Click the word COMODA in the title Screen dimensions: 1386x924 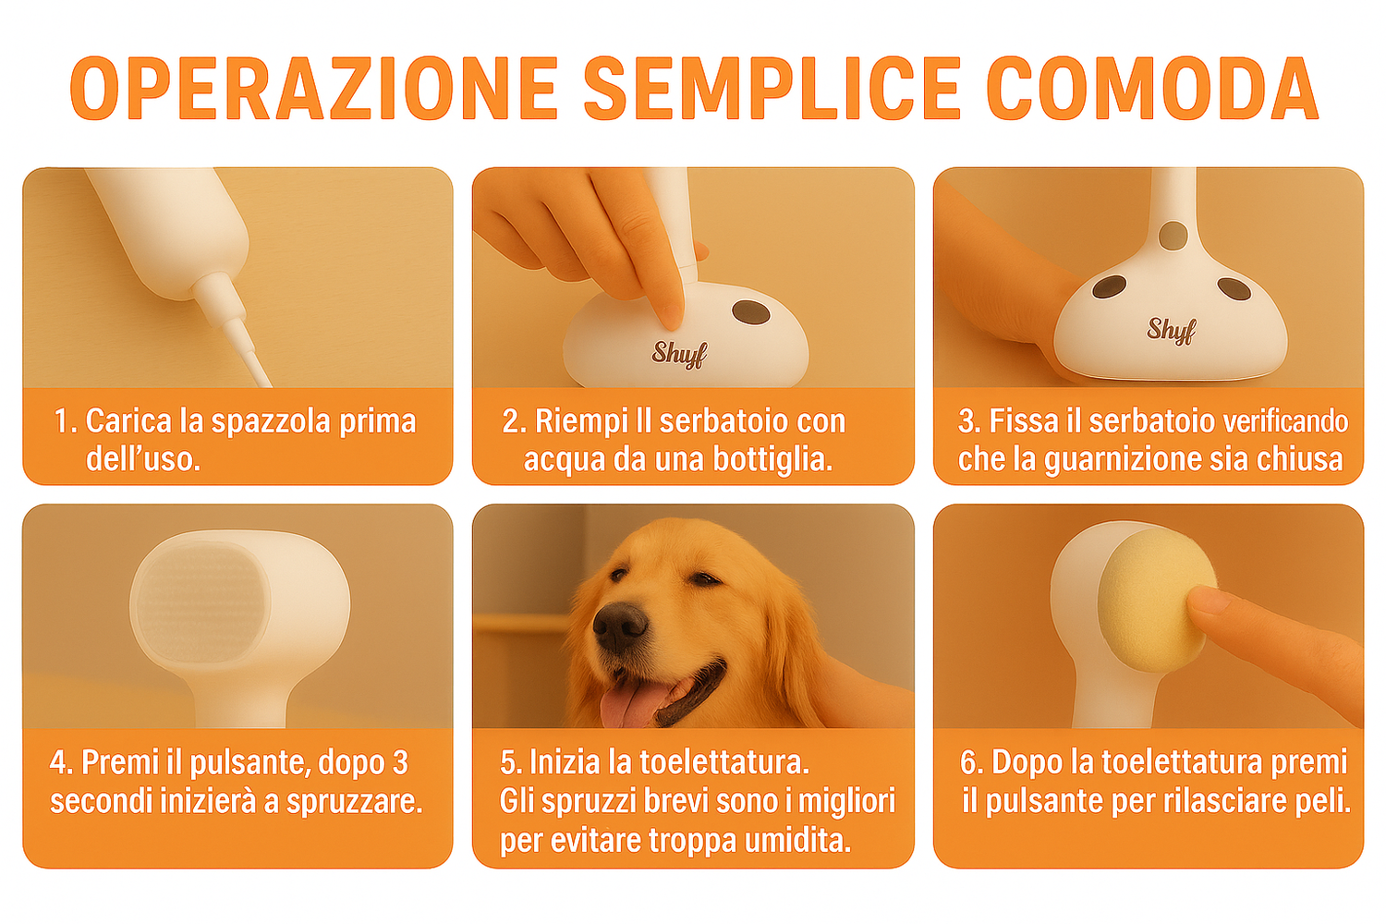[1152, 88]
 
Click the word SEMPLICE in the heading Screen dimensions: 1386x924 [772, 88]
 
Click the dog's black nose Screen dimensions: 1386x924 [620, 627]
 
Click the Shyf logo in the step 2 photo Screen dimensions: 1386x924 [679, 354]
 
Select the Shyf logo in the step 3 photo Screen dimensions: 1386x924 [1172, 330]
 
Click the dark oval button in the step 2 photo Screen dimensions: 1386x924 [750, 313]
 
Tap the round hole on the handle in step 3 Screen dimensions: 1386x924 [1173, 236]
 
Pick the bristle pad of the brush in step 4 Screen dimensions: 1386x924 [201, 602]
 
